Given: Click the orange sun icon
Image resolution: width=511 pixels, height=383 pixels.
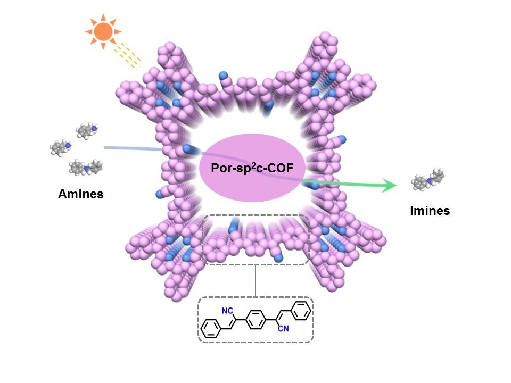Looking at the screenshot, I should pos(103,32).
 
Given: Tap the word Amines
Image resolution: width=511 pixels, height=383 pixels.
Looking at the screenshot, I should pos(81,194).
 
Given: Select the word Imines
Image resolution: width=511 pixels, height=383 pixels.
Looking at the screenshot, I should pos(430,211).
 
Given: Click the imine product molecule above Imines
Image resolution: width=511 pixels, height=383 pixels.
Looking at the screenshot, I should pos(428,180).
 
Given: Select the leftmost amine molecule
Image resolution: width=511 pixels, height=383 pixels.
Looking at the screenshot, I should pos(61,147).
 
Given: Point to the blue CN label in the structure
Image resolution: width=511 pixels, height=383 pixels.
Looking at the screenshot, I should pos(283,329).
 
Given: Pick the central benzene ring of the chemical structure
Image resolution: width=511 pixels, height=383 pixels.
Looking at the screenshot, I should pos(256,320).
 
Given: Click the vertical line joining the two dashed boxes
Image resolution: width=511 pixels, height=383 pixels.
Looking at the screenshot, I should pos(256,280).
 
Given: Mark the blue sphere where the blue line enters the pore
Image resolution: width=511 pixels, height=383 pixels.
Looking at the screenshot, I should pos(187,148).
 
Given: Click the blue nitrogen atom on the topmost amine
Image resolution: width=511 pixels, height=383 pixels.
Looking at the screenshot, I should pos(94,128).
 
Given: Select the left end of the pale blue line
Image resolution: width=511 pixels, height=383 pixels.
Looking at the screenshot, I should pos(105,147).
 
